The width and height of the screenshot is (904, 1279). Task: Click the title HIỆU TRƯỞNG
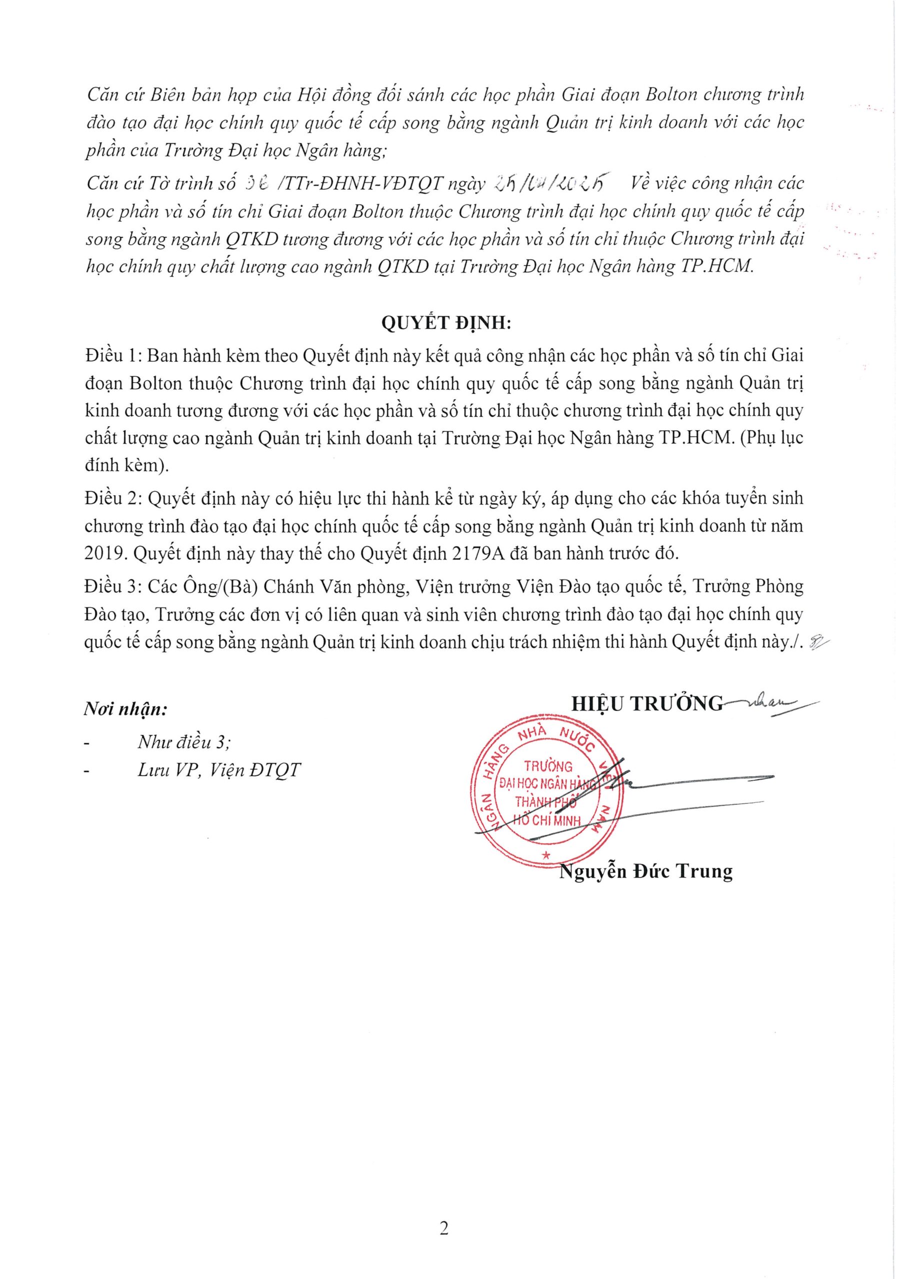click(647, 704)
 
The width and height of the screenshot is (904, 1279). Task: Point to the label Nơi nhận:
click(126, 709)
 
